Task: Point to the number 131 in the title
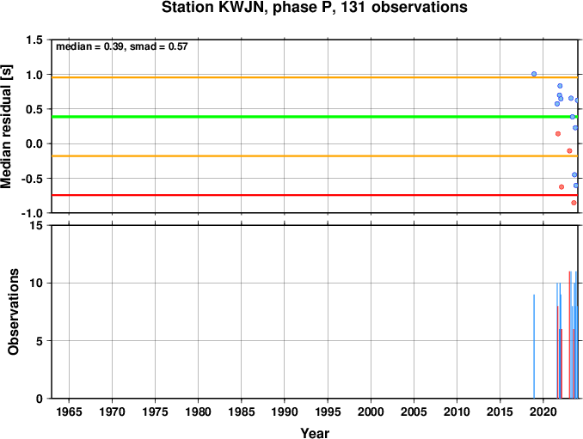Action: point(353,7)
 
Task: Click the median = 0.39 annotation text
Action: point(89,46)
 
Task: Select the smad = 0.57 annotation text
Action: point(159,46)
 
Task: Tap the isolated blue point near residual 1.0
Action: point(534,74)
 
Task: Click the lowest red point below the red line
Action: point(574,203)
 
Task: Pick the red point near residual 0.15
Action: point(558,134)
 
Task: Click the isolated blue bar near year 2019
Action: point(534,346)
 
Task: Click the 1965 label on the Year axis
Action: point(69,412)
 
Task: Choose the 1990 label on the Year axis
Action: point(285,412)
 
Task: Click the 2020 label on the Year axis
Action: point(543,412)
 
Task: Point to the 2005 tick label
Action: point(414,412)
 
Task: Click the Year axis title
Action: point(315,433)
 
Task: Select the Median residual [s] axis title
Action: point(6,126)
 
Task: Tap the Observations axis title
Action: point(14,312)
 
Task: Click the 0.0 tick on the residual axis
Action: point(34,143)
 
